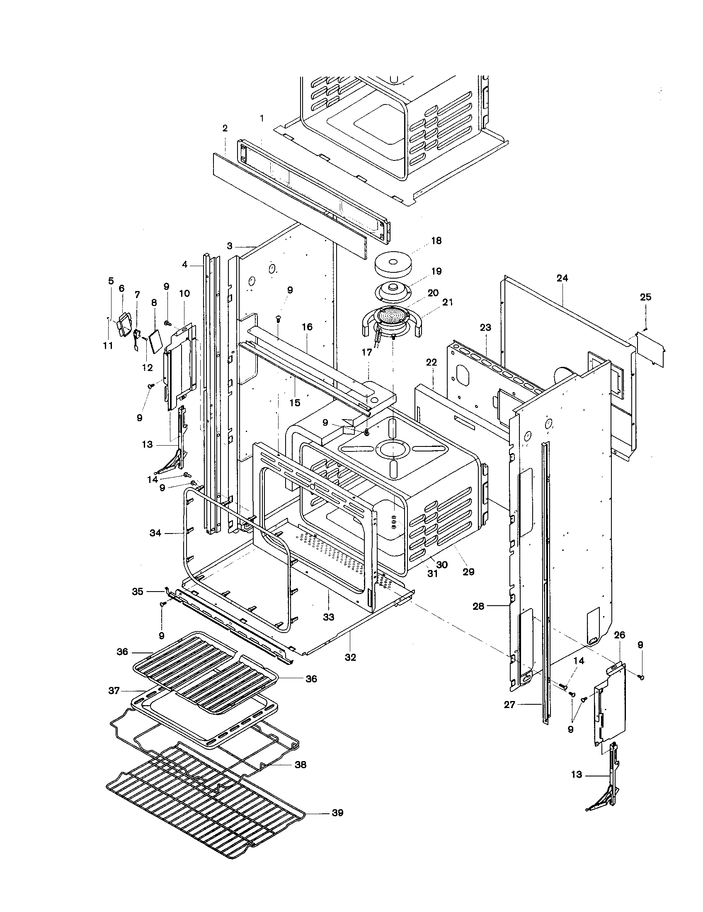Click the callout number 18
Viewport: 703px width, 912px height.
(x=436, y=241)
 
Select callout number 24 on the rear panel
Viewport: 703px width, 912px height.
(x=562, y=278)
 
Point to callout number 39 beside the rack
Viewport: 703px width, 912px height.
(x=337, y=813)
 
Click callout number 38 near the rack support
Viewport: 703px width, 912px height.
(x=300, y=764)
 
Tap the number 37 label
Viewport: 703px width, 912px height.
(x=114, y=691)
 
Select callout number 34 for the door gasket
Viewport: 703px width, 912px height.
(x=155, y=533)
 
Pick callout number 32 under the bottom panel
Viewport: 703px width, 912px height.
(x=350, y=657)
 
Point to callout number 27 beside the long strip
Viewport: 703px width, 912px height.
(x=510, y=705)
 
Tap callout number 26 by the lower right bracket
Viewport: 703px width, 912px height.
(x=620, y=635)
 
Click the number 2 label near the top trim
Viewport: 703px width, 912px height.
(x=225, y=128)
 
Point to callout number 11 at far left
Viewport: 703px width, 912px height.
(x=108, y=346)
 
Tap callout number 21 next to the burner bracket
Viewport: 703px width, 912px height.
(x=448, y=302)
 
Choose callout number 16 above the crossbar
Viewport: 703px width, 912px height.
(x=307, y=327)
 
